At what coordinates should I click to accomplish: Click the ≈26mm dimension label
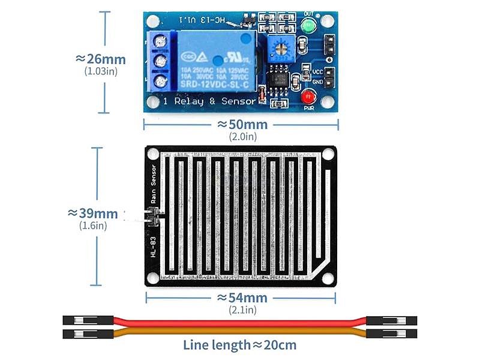(101, 59)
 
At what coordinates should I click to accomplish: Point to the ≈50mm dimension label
(242, 124)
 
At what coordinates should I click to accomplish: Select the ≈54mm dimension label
(242, 298)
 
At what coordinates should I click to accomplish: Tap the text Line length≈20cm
(239, 344)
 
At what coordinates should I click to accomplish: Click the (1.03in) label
(101, 71)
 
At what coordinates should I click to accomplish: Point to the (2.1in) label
(242, 310)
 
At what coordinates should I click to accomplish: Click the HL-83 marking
(154, 247)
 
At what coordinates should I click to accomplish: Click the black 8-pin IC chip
(279, 79)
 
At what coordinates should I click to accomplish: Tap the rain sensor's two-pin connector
(151, 217)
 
